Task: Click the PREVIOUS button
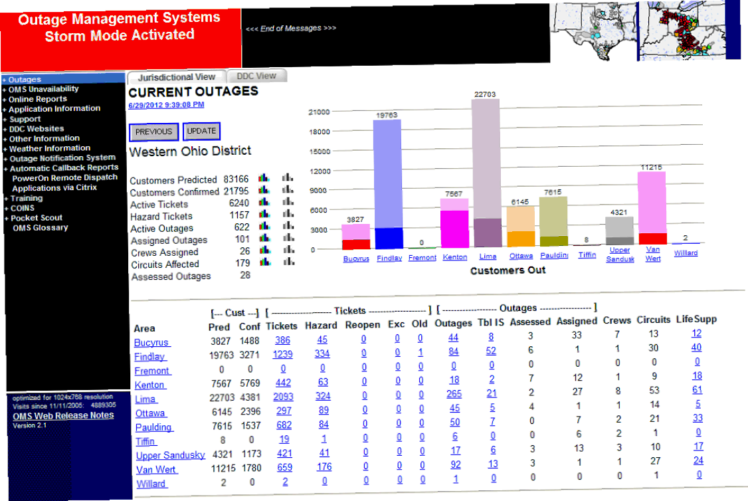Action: pyautogui.click(x=153, y=132)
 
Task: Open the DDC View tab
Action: pyautogui.click(x=256, y=76)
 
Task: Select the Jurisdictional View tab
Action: pyautogui.click(x=177, y=77)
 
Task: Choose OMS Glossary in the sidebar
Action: pyautogui.click(x=40, y=227)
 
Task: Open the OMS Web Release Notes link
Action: pyautogui.click(x=63, y=416)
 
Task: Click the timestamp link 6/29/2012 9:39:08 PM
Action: pyautogui.click(x=166, y=105)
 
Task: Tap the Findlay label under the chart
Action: pyautogui.click(x=389, y=258)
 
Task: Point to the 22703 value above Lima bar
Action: pyautogui.click(x=485, y=94)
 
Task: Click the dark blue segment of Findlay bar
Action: pyautogui.click(x=389, y=238)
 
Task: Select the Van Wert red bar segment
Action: pyautogui.click(x=652, y=239)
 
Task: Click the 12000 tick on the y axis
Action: pyautogui.click(x=320, y=171)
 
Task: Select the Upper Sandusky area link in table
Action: pyautogui.click(x=170, y=455)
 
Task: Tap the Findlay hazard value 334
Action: pyautogui.click(x=322, y=354)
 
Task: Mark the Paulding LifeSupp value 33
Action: pyautogui.click(x=698, y=418)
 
